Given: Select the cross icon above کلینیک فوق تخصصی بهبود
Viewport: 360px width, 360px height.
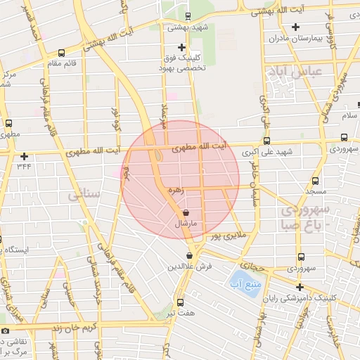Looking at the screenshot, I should (x=181, y=46).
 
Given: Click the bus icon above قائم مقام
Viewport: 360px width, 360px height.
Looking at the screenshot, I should (x=61, y=53).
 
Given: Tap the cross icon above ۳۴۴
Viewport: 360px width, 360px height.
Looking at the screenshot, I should (x=25, y=156).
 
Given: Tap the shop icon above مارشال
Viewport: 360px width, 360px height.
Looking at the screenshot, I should (x=186, y=212).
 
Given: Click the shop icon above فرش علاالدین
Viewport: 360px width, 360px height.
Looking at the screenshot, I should (x=189, y=255).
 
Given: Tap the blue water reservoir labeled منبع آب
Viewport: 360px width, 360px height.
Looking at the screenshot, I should (x=240, y=284).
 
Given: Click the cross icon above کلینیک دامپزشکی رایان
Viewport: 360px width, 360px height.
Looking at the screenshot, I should (x=300, y=287).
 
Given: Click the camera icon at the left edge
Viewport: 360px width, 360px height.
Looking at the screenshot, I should (x=6, y=330).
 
